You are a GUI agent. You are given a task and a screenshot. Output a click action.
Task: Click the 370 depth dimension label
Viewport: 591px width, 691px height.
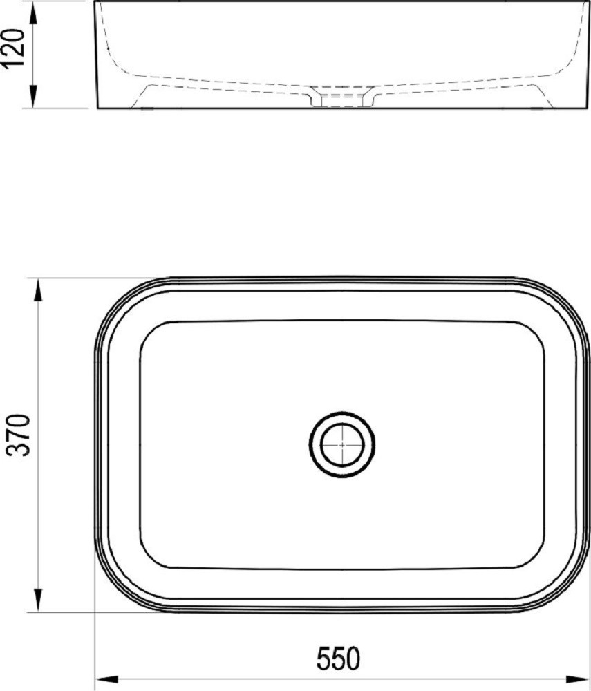[x=20, y=435]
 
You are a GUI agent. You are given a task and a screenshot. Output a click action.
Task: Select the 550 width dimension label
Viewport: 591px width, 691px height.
[x=339, y=659]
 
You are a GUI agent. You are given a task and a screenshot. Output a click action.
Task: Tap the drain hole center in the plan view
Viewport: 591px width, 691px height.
[x=342, y=444]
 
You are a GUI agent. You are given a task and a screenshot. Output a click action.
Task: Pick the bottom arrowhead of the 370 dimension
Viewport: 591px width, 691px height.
[x=38, y=600]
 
